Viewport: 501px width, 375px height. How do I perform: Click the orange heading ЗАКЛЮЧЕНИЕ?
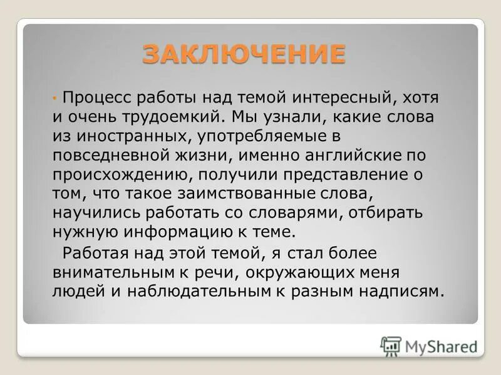point(244,54)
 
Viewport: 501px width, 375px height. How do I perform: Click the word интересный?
point(346,98)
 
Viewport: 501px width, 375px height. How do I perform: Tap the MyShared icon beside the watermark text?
point(391,346)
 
